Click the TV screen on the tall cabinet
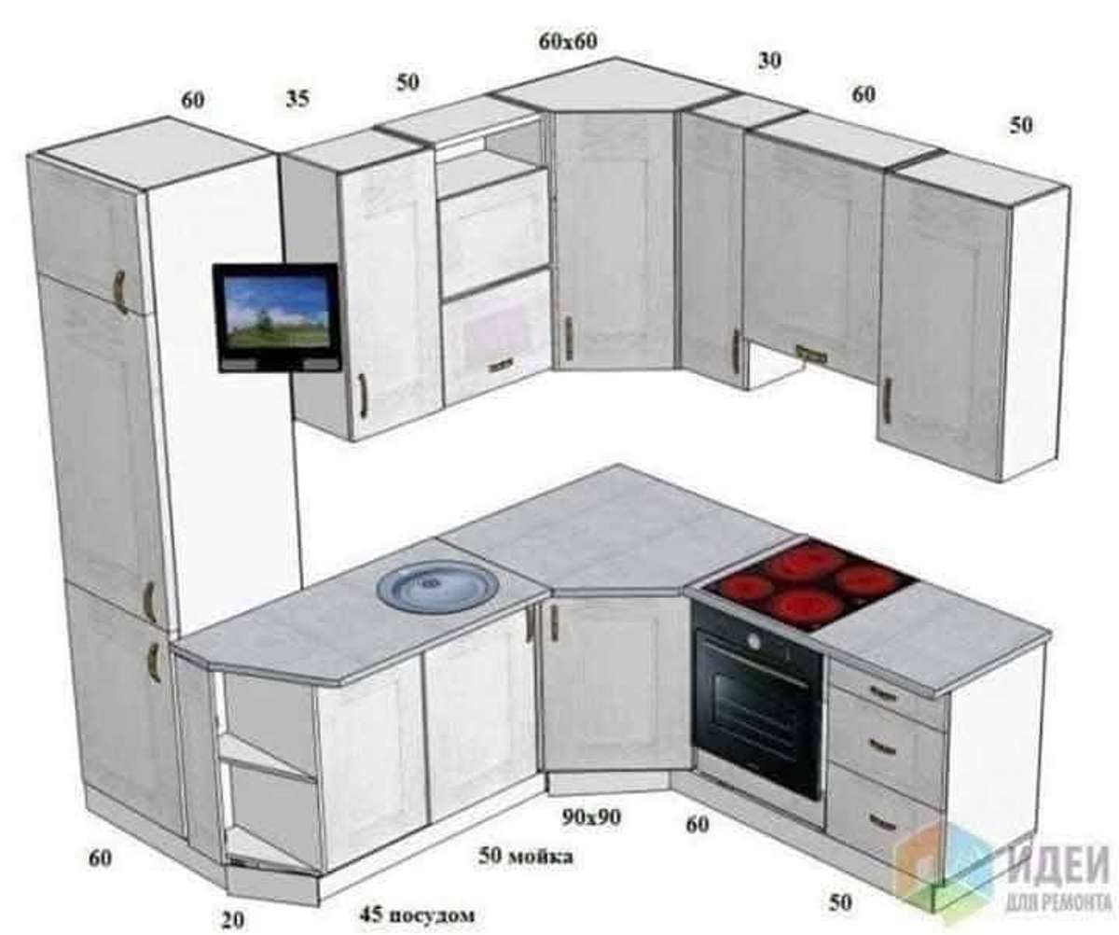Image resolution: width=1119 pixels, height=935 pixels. [277, 312]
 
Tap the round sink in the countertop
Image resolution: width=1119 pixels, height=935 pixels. [438, 585]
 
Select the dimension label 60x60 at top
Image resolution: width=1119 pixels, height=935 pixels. [568, 41]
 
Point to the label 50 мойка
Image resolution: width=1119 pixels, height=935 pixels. [525, 856]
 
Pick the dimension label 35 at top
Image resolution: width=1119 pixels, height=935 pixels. [297, 99]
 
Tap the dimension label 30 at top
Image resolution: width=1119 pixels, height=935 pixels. [769, 61]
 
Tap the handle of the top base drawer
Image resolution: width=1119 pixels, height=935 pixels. [883, 694]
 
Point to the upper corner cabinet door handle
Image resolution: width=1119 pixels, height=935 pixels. [568, 339]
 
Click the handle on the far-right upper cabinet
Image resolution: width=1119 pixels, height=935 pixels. [888, 400]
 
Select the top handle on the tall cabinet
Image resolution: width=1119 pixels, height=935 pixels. [120, 292]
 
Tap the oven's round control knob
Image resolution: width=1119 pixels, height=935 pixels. [753, 640]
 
